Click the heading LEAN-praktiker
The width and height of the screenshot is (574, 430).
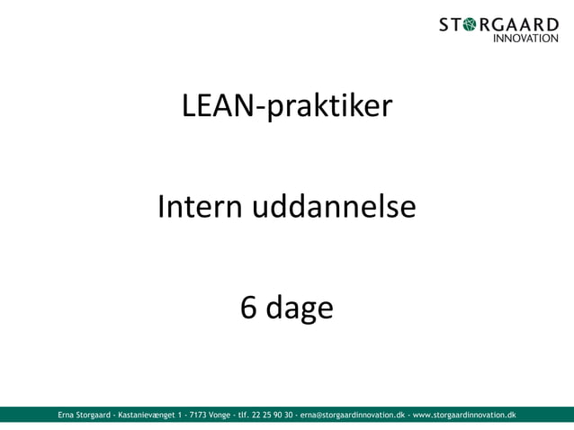click(x=287, y=107)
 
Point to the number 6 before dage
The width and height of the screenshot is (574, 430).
click(x=248, y=309)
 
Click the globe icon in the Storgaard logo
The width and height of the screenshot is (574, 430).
click(x=477, y=24)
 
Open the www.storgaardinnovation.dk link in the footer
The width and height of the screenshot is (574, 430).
click(x=464, y=415)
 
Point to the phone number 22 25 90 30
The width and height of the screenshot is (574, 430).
click(x=269, y=415)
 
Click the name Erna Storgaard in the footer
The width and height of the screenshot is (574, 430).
click(x=85, y=415)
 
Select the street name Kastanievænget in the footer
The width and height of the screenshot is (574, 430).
click(x=146, y=415)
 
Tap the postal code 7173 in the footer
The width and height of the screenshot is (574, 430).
click(x=194, y=415)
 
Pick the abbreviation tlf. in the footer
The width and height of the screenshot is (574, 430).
click(x=244, y=415)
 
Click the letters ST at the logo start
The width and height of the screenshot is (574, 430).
click(x=454, y=24)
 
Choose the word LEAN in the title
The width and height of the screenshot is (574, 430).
click(x=218, y=107)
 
